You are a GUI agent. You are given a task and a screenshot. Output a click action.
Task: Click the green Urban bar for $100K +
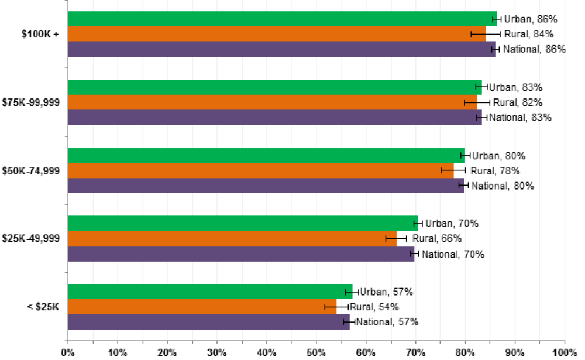tap(281, 19)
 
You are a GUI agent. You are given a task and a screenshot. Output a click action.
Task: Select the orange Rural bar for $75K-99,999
tap(272, 102)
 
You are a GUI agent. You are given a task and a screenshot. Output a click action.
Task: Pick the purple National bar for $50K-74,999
tap(266, 186)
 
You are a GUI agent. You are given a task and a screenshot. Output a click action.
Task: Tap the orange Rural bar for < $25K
tap(202, 307)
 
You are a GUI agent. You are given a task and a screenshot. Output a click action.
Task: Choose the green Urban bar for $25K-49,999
tap(243, 223)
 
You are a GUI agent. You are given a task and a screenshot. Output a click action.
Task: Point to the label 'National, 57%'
tap(387, 322)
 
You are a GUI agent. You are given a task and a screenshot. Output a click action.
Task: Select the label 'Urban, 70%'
tap(452, 223)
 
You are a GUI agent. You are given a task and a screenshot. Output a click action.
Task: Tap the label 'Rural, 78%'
tap(495, 171)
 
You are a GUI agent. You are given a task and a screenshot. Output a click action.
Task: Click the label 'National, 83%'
tap(520, 118)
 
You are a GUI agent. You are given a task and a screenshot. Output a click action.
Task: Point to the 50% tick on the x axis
tap(316, 341)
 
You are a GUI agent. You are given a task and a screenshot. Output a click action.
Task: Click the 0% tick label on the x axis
tap(68, 353)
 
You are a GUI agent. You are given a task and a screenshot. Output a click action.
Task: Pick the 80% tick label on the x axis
tap(465, 353)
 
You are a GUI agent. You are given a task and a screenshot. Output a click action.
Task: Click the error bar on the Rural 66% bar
tap(396, 238)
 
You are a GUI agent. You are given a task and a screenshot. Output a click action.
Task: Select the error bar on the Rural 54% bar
tap(336, 307)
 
